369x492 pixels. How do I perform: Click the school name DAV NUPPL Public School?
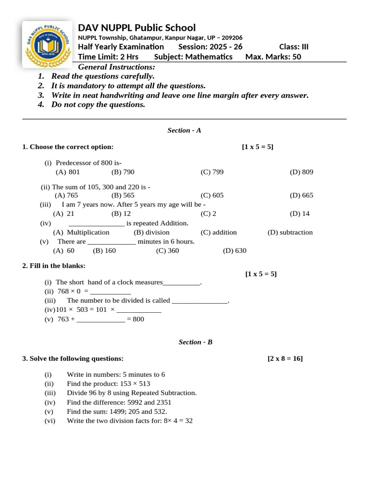coord(137,27)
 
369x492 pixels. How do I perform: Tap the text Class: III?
coord(294,47)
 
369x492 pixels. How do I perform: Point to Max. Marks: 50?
coord(273,57)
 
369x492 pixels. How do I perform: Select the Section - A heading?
coord(184,130)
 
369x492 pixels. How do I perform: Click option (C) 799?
coord(212,172)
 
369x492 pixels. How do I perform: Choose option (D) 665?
coord(301,195)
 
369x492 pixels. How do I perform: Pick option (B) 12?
coord(121,213)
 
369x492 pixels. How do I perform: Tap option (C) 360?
coord(167,250)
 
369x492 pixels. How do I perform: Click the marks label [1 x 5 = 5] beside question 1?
coord(258,147)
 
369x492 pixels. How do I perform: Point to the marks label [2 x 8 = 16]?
coord(285,358)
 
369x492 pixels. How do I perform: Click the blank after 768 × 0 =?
coord(111,291)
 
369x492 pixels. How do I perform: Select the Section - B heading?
coord(195,342)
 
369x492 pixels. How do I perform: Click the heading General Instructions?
coord(117,67)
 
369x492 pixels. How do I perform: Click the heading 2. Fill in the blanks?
coord(54,266)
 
